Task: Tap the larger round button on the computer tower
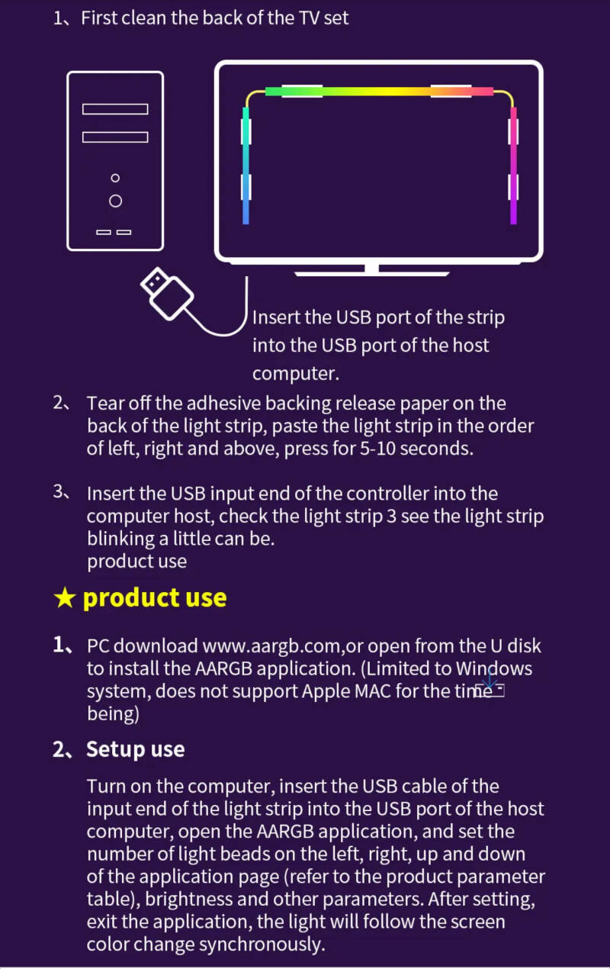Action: [x=115, y=201]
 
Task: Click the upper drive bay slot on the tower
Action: [x=115, y=109]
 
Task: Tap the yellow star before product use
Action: [x=65, y=598]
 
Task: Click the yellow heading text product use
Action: [x=154, y=597]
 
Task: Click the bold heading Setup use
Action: [x=135, y=749]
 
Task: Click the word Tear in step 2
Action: [x=104, y=403]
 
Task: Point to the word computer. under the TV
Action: [x=295, y=374]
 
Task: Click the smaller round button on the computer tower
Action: [x=115, y=178]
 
